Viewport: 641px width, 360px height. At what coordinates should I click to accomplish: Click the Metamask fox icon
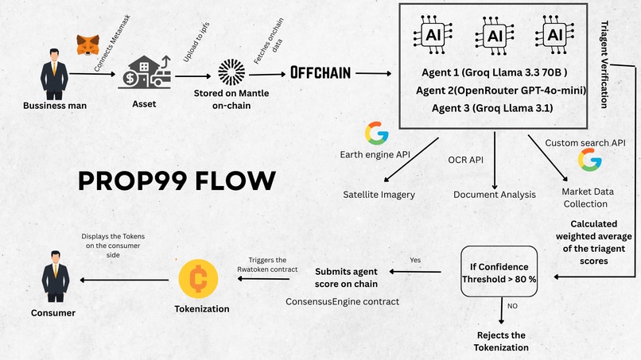(x=86, y=45)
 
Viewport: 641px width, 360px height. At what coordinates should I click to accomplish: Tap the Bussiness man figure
(x=55, y=74)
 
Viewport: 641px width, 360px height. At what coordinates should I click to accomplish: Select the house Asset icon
(x=144, y=72)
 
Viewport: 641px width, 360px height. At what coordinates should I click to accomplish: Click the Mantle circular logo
(x=231, y=72)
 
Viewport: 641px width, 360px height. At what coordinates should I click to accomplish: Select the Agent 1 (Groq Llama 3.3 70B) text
(x=494, y=73)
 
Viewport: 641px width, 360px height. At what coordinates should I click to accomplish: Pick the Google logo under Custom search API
(x=589, y=161)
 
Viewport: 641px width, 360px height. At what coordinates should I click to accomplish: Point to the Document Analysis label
(x=494, y=194)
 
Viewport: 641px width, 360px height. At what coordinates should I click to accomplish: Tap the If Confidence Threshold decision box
(x=500, y=273)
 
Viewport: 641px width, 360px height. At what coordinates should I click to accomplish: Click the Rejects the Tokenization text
(x=503, y=341)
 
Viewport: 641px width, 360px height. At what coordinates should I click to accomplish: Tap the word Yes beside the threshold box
(x=416, y=260)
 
